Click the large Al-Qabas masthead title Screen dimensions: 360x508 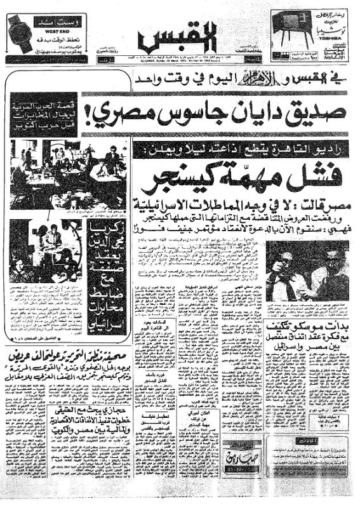tap(180, 36)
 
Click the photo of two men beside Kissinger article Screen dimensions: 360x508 tap(307, 269)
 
